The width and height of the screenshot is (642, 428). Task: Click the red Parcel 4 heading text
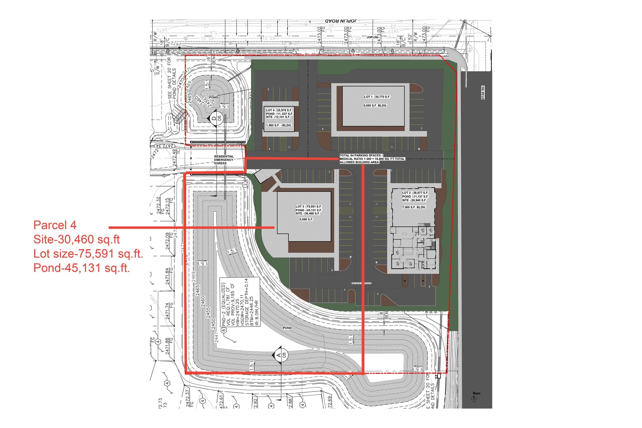click(x=55, y=225)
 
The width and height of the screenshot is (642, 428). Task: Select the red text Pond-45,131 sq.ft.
click(x=82, y=268)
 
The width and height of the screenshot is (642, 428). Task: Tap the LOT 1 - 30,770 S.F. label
click(x=377, y=97)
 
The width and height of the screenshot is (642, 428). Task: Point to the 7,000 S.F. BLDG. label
click(x=414, y=207)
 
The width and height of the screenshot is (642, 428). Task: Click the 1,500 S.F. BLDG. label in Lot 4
click(x=279, y=125)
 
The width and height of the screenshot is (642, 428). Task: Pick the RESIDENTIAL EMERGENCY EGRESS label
click(x=224, y=160)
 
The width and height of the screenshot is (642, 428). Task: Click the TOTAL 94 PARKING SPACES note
click(x=372, y=159)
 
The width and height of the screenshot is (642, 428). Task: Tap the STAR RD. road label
click(x=483, y=92)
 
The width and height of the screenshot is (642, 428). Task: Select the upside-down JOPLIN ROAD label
click(x=341, y=21)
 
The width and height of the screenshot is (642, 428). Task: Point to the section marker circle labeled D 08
click(x=216, y=118)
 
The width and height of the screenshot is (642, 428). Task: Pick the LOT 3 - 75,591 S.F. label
click(x=308, y=207)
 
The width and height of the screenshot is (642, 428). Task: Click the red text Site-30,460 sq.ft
click(x=76, y=240)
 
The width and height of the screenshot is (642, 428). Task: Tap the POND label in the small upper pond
click(x=213, y=98)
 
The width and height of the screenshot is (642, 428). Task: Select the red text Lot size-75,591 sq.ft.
click(x=88, y=254)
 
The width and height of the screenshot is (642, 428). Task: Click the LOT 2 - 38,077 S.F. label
click(x=415, y=193)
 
